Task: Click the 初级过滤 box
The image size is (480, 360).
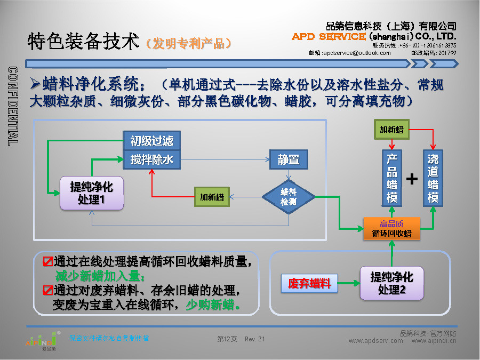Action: (x=152, y=141)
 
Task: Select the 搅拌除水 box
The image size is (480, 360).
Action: (x=152, y=159)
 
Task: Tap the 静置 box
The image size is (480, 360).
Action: (x=289, y=159)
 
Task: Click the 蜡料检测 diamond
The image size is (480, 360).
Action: (x=289, y=197)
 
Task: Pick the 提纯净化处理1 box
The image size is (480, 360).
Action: (x=91, y=193)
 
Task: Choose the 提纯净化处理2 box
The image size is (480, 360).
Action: (x=392, y=283)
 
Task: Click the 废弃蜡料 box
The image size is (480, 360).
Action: (x=309, y=283)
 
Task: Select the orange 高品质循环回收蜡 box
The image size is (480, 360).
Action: (x=392, y=228)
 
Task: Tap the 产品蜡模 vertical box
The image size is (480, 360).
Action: (x=392, y=179)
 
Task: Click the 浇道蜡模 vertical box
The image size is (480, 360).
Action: (x=433, y=179)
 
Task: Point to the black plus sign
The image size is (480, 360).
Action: (x=412, y=179)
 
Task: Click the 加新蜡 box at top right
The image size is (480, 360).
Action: (x=391, y=130)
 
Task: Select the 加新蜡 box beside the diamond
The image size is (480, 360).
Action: (x=212, y=197)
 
